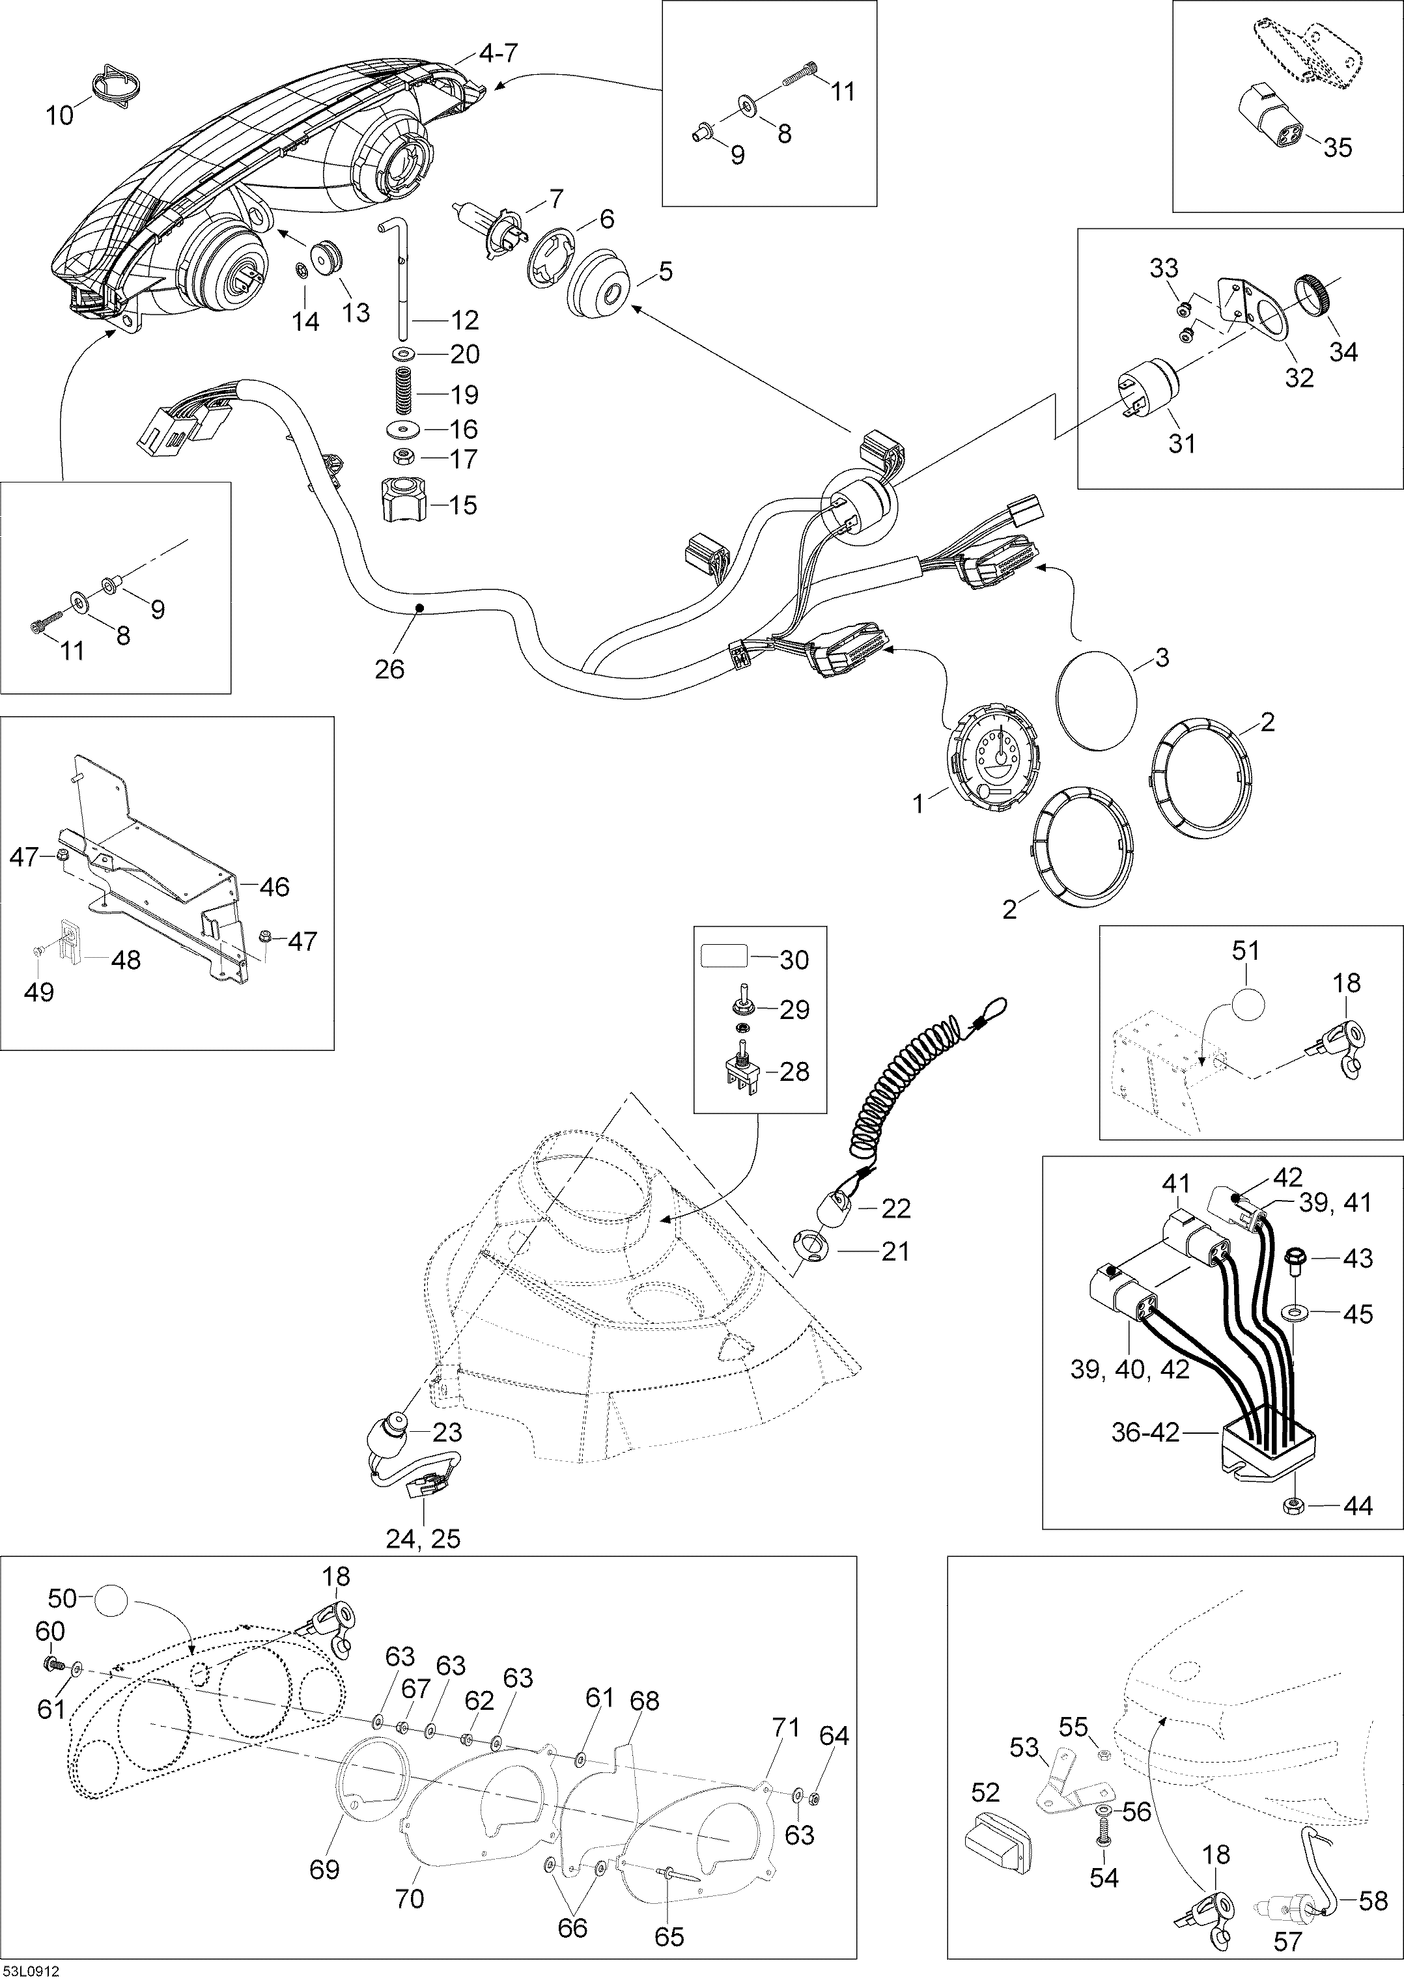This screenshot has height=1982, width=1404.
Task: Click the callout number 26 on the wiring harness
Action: (390, 668)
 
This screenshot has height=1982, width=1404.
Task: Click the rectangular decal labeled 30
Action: (723, 958)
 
